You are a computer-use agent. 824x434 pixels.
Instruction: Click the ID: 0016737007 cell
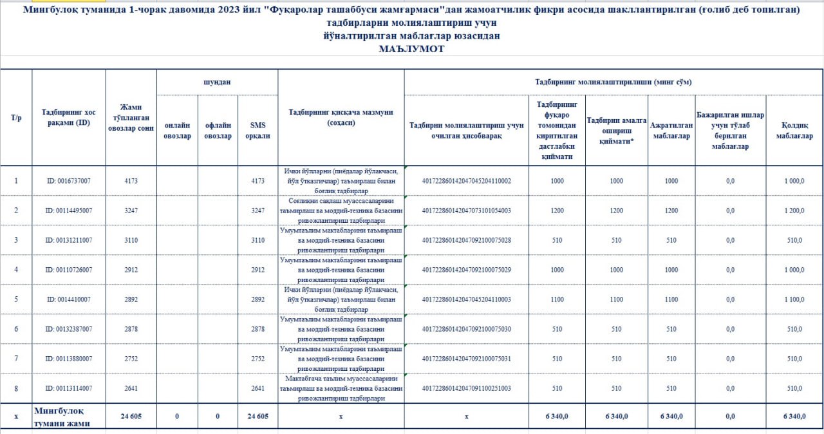pos(68,181)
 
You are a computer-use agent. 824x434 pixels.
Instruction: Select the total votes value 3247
pos(131,211)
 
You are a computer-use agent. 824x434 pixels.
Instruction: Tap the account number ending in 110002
pos(466,181)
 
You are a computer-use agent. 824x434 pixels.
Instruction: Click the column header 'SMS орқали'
pos(257,131)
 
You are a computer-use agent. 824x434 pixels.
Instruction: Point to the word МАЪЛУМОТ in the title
pos(412,48)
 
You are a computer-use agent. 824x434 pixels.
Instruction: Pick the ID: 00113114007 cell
pos(68,388)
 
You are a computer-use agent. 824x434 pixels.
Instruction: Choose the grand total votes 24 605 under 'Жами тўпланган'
pos(131,417)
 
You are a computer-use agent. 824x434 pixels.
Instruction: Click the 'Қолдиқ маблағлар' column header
pos(794,131)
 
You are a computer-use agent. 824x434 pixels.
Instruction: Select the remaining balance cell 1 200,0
pos(794,211)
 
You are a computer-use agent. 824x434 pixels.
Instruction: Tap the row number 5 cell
pos(16,299)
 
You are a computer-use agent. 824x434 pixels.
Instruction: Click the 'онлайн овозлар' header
pos(177,131)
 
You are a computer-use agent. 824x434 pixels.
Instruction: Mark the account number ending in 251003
pos(466,388)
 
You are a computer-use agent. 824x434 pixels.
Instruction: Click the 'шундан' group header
pos(217,82)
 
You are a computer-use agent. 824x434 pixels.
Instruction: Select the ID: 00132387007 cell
pos(68,329)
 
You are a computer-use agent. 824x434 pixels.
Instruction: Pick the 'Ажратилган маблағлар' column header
pos(671,131)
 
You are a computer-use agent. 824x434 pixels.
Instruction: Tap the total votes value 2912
pos(131,270)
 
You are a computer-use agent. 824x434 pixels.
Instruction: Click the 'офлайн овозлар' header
pos(218,131)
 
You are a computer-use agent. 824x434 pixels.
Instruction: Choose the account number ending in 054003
pos(466,211)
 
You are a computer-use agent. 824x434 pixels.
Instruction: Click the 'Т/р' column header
pos(16,118)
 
